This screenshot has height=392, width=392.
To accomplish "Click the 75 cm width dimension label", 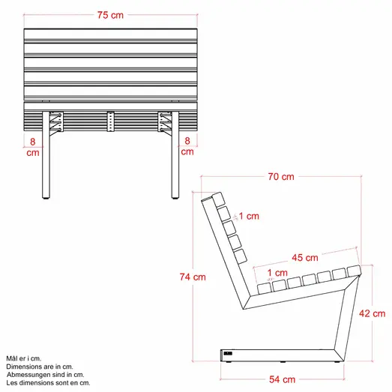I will (111, 16).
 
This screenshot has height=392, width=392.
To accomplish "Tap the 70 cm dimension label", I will (282, 177).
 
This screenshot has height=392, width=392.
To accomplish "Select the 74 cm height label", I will (193, 277).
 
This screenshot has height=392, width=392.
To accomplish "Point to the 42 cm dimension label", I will (373, 313).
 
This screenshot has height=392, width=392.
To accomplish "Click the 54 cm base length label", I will (282, 380).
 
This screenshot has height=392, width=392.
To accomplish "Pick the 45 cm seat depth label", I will (305, 258).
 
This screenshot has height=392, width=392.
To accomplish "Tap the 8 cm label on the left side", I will (33, 145).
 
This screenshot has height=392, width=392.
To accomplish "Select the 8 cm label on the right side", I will (187, 145).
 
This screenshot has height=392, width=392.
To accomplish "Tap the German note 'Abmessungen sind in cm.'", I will (44, 375).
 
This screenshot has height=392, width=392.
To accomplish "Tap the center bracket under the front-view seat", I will (111, 122).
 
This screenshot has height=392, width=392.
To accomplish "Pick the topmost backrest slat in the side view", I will (218, 199).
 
